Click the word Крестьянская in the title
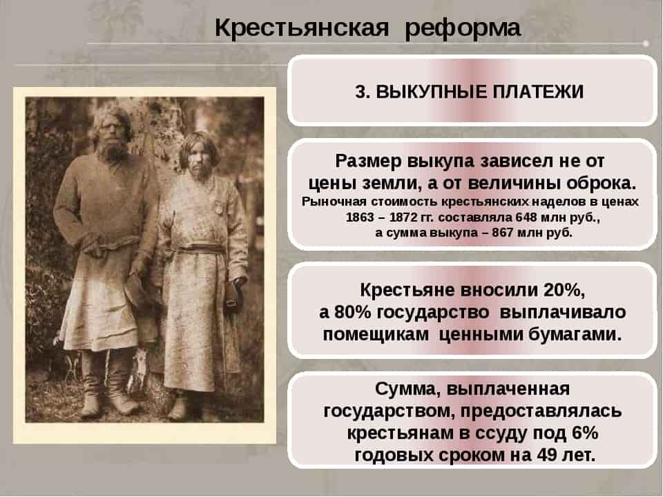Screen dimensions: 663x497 302,28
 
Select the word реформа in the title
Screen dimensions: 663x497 463,29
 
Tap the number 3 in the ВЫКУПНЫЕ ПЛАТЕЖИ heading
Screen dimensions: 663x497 361,92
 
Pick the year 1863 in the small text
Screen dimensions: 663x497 360,217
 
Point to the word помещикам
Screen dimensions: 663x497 376,335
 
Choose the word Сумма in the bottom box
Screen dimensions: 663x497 405,389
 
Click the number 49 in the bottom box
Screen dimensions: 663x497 546,455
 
